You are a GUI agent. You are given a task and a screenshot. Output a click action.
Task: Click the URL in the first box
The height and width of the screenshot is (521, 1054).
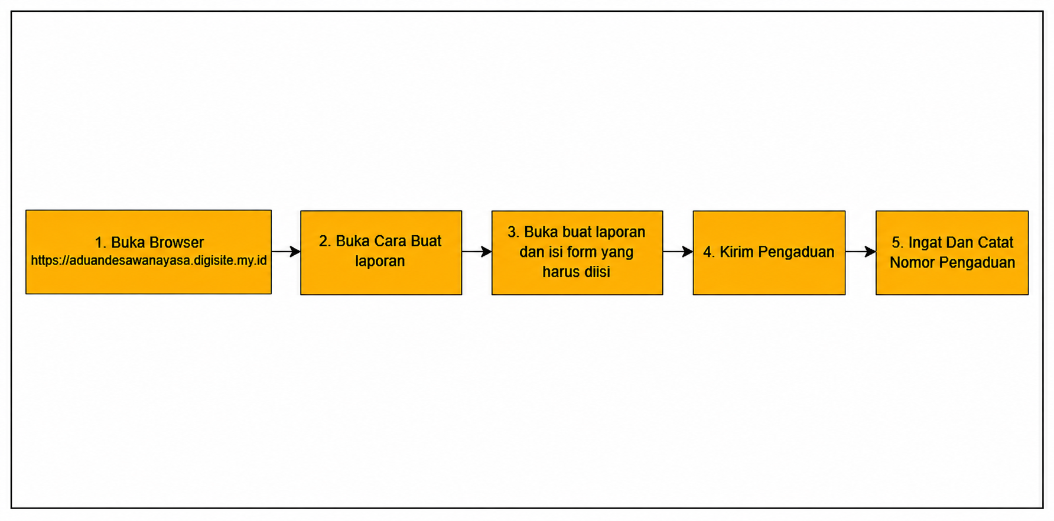tap(149, 260)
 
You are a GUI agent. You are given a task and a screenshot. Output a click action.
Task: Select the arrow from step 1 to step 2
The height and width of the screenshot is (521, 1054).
tap(286, 252)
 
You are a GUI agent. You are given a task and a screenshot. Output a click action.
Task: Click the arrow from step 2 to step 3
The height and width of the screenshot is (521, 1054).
tap(477, 252)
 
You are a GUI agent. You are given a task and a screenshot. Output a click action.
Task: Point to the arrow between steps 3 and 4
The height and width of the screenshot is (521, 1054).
tap(678, 252)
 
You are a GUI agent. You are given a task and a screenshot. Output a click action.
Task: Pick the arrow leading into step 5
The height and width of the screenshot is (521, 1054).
tap(861, 252)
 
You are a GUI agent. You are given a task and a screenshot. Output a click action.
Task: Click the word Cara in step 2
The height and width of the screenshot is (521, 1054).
tap(388, 241)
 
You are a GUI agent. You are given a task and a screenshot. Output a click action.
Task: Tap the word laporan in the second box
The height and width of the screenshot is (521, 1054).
tap(380, 261)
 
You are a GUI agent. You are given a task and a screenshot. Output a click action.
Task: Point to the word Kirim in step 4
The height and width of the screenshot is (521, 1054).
tap(736, 252)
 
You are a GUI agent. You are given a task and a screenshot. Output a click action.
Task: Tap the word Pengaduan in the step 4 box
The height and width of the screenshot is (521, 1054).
tap(796, 252)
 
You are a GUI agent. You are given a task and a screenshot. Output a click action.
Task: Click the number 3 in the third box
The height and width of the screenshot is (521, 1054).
tap(512, 232)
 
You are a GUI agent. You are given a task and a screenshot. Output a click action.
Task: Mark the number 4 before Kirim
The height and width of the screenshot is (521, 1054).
tap(707, 252)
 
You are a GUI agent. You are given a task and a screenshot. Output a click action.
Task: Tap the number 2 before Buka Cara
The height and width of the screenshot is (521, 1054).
tap(323, 241)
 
